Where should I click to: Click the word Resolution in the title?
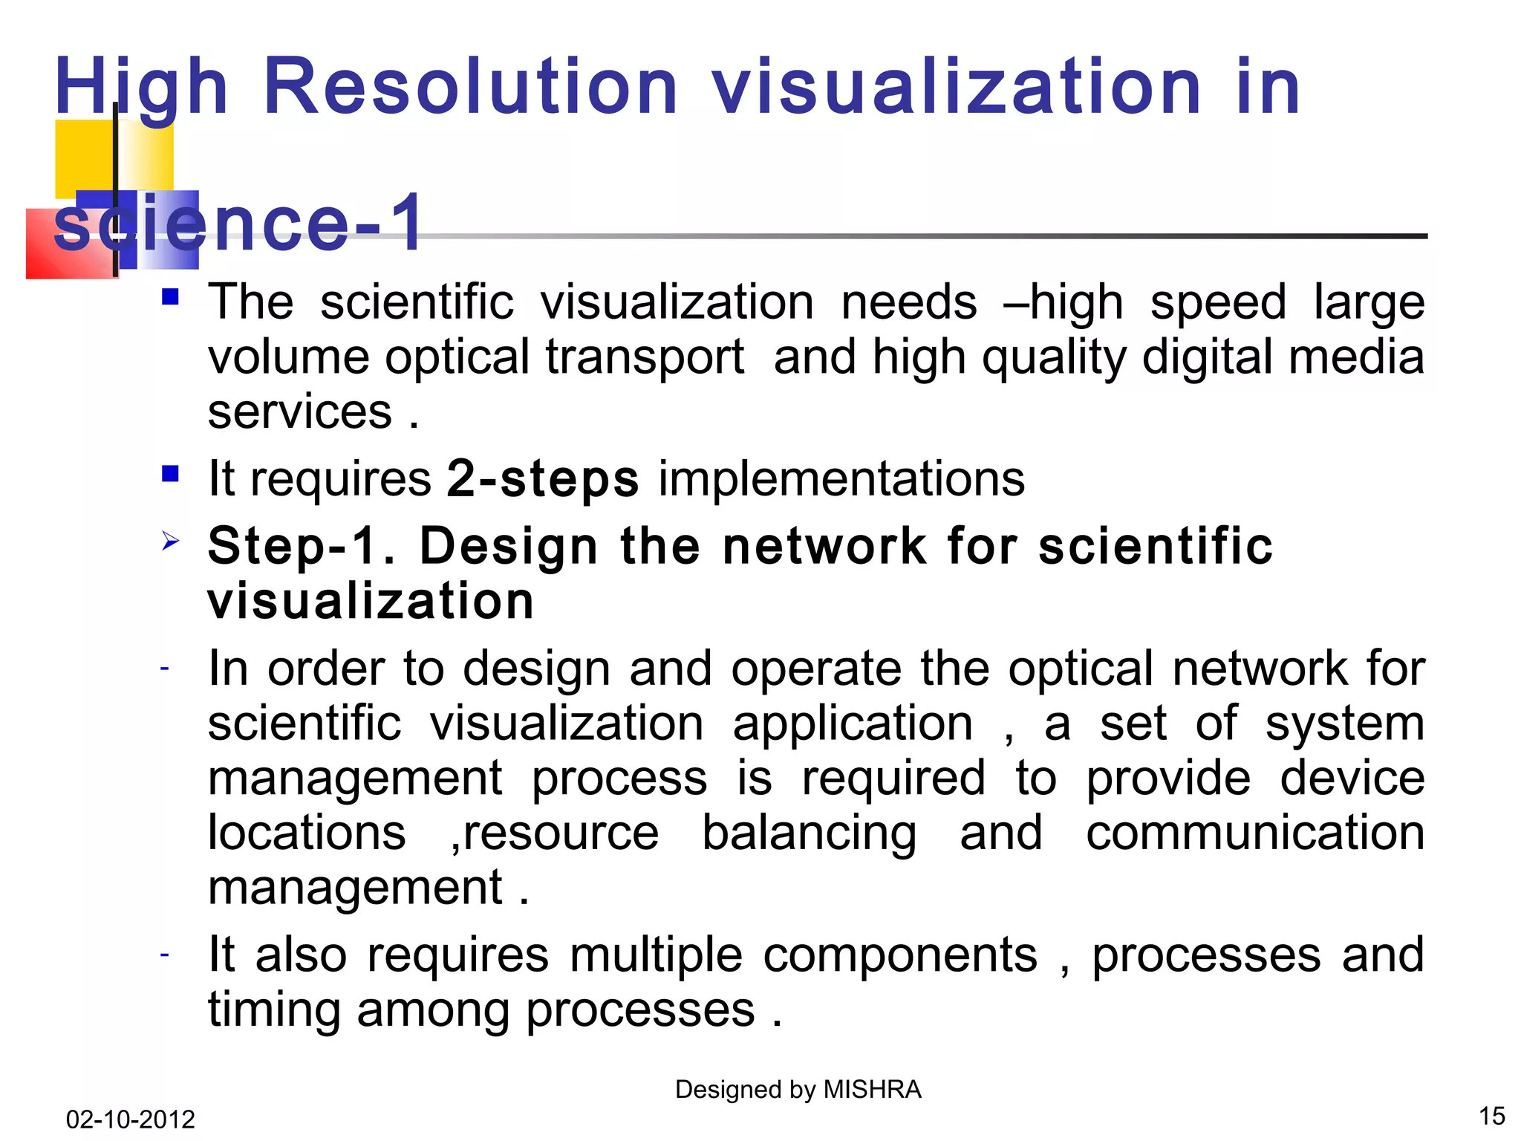point(469,87)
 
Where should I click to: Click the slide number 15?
point(1491,1116)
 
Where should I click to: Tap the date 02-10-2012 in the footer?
point(130,1119)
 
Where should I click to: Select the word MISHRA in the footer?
point(873,1090)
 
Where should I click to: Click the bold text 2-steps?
point(542,478)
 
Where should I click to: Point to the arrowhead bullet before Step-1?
point(170,541)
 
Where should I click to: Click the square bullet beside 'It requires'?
point(170,473)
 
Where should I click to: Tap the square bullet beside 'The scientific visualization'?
point(170,297)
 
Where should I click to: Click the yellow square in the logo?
point(84,157)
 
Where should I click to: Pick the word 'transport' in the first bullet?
point(645,357)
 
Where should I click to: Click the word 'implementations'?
point(841,478)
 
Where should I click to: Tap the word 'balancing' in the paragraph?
point(809,833)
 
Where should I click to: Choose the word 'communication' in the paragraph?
point(1254,833)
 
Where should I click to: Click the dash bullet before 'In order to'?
point(165,669)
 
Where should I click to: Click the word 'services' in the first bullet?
point(299,412)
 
